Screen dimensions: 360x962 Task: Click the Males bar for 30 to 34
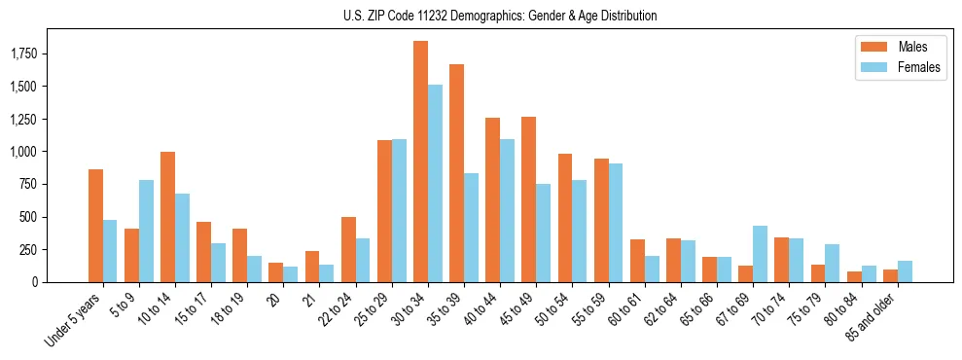(x=420, y=162)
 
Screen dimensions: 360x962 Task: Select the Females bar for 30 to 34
(x=435, y=183)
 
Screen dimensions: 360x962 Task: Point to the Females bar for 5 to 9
(x=146, y=231)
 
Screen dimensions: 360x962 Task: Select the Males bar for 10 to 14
(x=167, y=217)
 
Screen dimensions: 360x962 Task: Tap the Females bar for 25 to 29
(x=399, y=210)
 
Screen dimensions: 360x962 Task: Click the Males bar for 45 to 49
(x=528, y=199)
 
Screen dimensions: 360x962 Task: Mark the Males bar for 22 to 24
(x=348, y=249)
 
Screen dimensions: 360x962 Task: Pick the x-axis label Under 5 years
(x=74, y=320)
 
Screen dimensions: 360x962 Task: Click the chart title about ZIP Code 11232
(x=500, y=16)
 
